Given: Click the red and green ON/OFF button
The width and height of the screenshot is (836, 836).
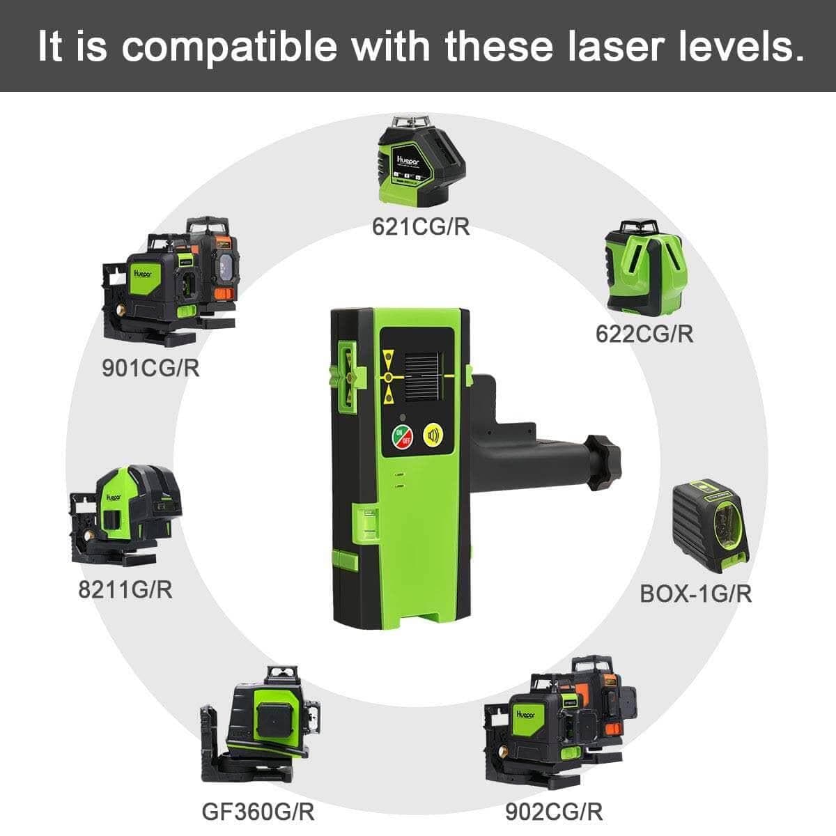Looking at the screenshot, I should [x=402, y=437].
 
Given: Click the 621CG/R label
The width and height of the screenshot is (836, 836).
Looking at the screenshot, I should [x=421, y=227].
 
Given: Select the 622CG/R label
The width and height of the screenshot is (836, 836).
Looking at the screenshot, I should [x=644, y=334].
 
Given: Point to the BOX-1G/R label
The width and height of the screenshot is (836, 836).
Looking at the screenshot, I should [x=696, y=594].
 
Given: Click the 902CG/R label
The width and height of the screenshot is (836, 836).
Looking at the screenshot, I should [x=553, y=811].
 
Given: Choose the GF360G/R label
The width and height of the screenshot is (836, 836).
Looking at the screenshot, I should [x=258, y=811].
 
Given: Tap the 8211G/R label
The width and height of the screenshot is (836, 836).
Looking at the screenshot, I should [x=125, y=590].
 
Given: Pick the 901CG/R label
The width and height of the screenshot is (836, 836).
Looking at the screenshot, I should [x=150, y=368].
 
